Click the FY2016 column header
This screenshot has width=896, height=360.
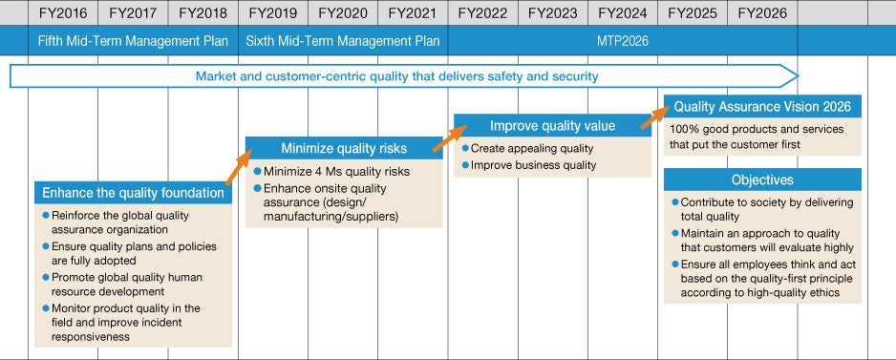point(63,13)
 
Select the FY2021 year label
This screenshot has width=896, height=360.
point(412,13)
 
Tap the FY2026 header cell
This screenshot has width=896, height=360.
point(761,13)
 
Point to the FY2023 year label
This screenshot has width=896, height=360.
point(552,13)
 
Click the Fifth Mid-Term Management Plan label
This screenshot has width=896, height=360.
point(133,41)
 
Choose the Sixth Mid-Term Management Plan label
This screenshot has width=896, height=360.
point(343,41)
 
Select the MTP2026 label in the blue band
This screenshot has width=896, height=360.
point(622,41)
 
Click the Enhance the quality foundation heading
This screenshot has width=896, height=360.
point(133,192)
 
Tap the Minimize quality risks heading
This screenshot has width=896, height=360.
point(344,148)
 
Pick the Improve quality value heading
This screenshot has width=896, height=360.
point(552,126)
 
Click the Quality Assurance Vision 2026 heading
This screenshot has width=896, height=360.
point(762,106)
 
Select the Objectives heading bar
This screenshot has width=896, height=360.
point(762,180)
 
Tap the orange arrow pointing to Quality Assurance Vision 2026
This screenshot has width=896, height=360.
point(653,117)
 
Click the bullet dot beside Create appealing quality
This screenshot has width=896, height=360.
point(465,148)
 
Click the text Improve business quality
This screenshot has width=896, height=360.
point(533,165)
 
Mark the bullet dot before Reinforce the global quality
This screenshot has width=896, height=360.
point(46,216)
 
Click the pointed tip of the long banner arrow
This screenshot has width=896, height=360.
point(797,76)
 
